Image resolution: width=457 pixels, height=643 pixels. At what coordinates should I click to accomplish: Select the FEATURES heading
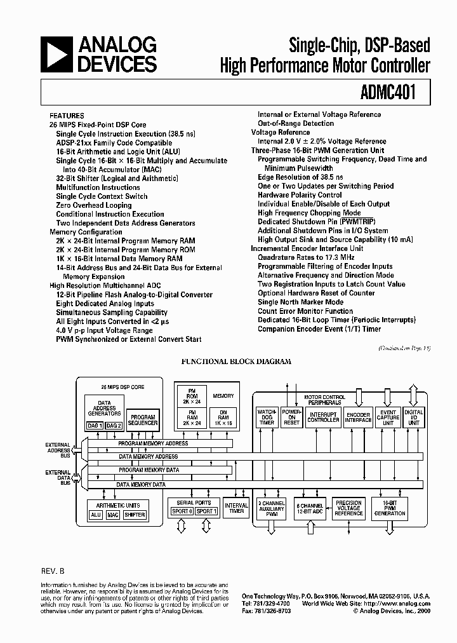(x=67, y=116)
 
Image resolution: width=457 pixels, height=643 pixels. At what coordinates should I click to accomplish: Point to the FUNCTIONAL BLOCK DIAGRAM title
(x=236, y=361)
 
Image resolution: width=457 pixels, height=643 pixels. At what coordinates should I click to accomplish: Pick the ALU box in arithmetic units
(x=96, y=515)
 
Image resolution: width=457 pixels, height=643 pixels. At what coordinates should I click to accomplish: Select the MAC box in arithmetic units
(x=113, y=515)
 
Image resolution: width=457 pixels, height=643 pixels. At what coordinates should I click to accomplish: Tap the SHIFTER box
(x=135, y=515)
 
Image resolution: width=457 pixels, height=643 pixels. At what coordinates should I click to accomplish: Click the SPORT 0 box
(x=182, y=511)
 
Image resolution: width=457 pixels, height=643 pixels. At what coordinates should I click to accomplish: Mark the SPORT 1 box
(x=206, y=511)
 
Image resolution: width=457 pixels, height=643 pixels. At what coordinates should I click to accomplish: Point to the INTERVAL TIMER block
(x=237, y=508)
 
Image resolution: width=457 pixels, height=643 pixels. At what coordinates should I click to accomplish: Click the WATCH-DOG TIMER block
(x=267, y=417)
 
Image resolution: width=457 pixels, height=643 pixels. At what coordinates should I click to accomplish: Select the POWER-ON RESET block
(x=291, y=417)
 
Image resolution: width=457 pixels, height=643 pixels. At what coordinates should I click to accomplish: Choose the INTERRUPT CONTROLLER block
(x=323, y=417)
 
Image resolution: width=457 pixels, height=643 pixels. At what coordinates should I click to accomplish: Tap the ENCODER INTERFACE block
(x=359, y=417)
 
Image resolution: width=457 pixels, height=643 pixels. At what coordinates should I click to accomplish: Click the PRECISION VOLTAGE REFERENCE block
(x=349, y=508)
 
